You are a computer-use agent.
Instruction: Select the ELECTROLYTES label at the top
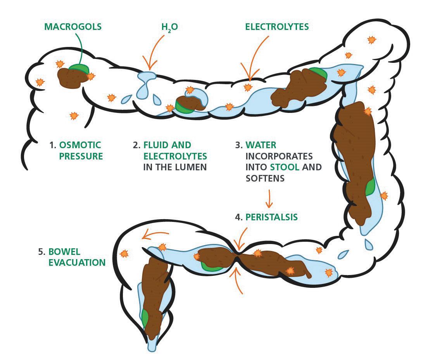click(277, 27)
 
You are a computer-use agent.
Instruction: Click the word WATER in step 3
click(261, 145)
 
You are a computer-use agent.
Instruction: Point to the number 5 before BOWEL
click(41, 251)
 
